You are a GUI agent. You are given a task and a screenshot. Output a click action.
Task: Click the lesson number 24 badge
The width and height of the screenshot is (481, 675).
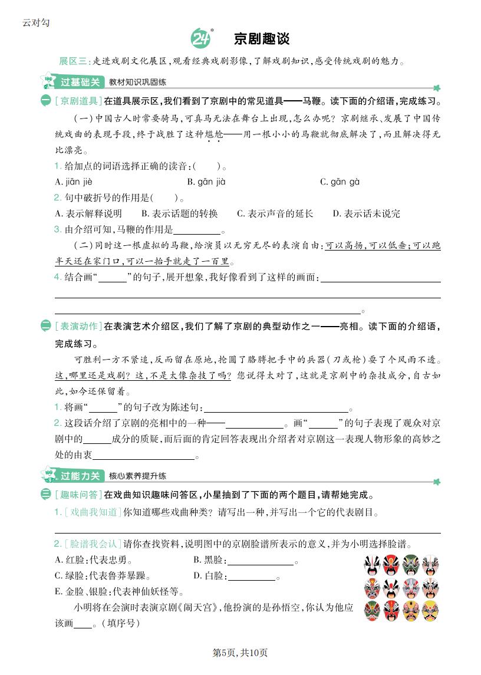pos(200,39)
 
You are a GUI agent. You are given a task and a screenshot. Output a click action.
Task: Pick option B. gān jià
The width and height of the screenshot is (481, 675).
pos(206,182)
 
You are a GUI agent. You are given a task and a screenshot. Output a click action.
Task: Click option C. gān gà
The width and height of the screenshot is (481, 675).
pos(340,182)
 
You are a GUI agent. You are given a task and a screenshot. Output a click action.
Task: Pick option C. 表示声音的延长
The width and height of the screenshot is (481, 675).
pos(275,213)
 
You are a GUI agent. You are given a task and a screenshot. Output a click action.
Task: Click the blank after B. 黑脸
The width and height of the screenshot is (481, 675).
pos(261,561)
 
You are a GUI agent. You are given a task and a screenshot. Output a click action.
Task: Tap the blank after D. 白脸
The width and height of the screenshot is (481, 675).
pos(252,576)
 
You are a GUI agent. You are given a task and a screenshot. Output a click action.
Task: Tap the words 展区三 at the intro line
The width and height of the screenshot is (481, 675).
pos(73,61)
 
